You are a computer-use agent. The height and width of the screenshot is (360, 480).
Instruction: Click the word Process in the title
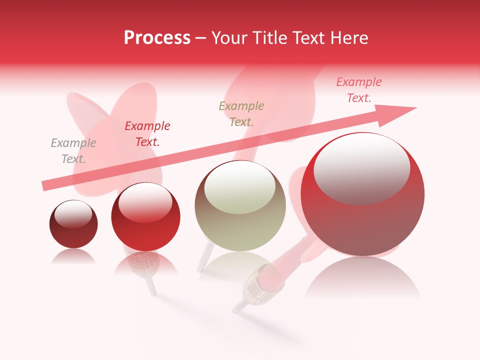pyautogui.click(x=157, y=38)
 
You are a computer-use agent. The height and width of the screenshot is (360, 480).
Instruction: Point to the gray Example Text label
pyautogui.click(x=73, y=151)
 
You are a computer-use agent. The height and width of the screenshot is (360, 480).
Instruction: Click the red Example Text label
pyautogui.click(x=147, y=134)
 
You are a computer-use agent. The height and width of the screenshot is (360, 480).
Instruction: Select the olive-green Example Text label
pyautogui.click(x=241, y=114)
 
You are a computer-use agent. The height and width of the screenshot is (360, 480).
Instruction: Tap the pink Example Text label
pyautogui.click(x=359, y=90)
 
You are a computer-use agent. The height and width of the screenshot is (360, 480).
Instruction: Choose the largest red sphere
pyautogui.click(x=362, y=220)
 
